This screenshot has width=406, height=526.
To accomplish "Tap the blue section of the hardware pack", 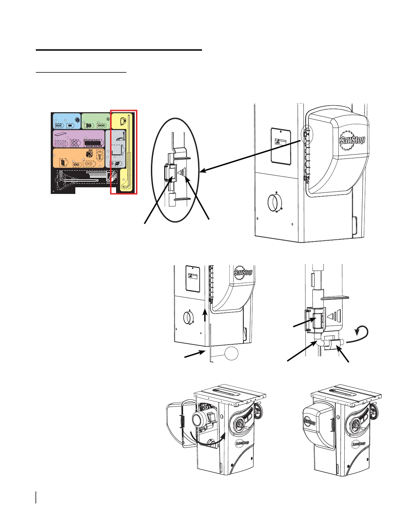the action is pos(67,121).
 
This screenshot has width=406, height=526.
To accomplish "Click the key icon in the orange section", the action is pos(100,155).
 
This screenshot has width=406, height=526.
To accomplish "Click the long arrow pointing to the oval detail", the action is pos(252,155).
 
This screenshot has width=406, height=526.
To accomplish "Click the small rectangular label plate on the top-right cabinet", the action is pos(281,145).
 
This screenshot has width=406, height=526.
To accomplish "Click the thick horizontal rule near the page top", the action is pos(119,50).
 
